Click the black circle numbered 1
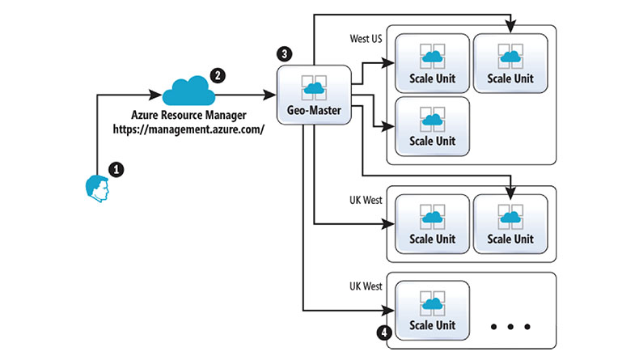click(x=116, y=170)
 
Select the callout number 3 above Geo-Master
click(x=284, y=54)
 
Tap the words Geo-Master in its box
click(x=314, y=108)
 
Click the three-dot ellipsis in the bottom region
click(x=510, y=327)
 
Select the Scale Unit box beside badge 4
click(x=432, y=311)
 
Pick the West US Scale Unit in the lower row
click(x=432, y=126)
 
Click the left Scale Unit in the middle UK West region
click(x=432, y=223)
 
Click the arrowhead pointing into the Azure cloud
click(x=158, y=95)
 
